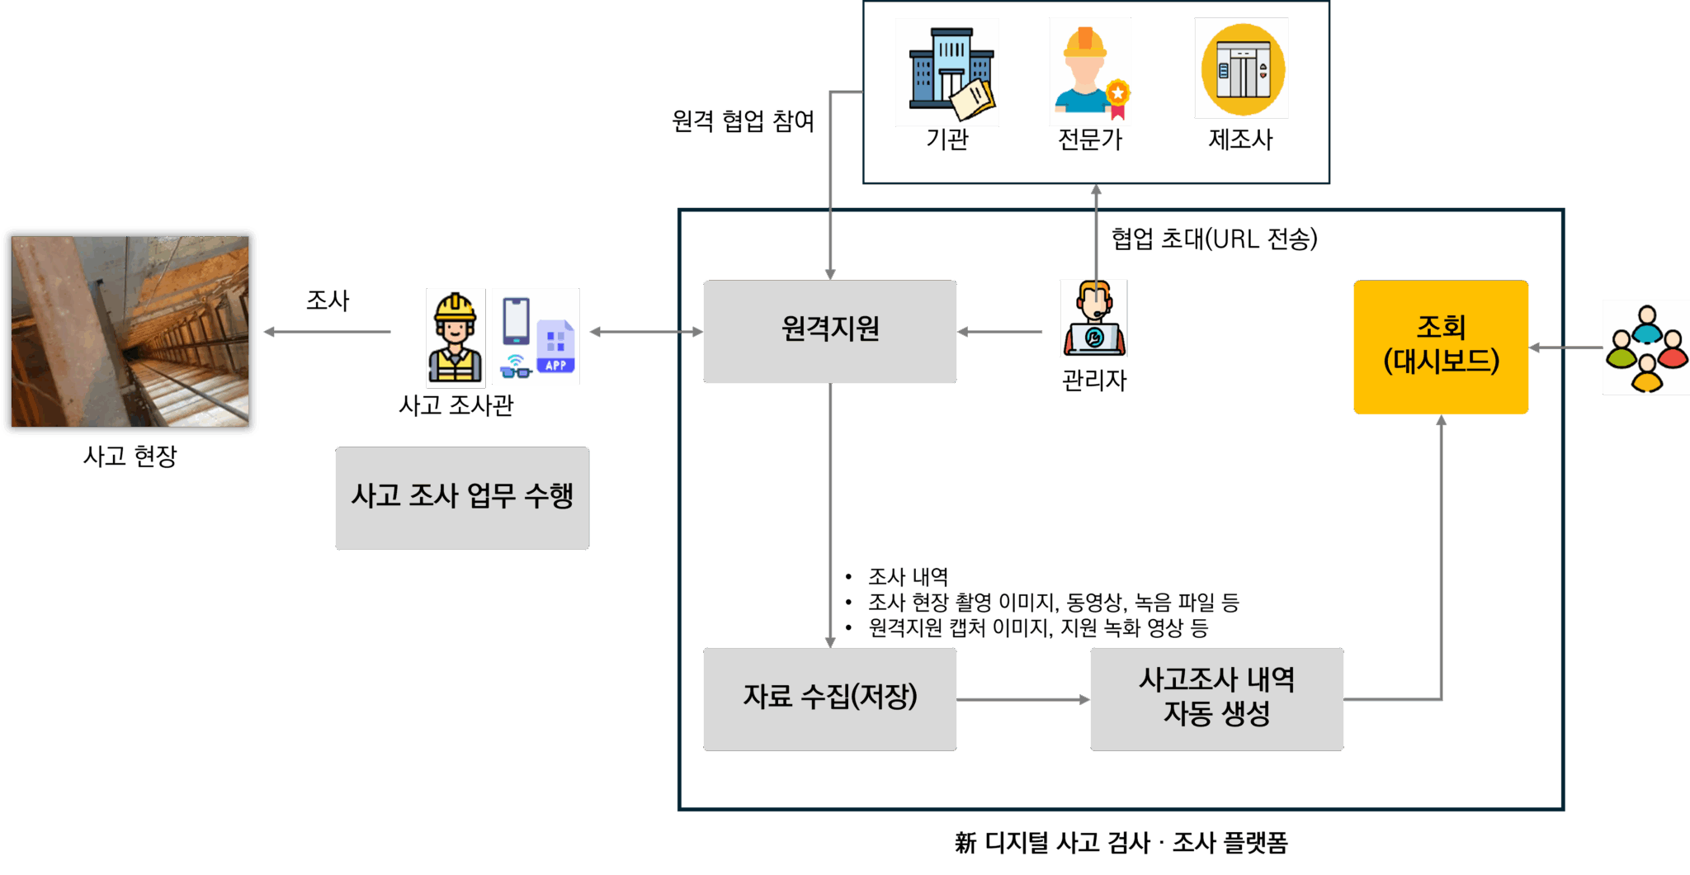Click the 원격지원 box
(829, 331)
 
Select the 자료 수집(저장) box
(829, 698)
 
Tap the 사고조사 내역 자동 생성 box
(1216, 698)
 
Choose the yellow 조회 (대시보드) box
(1441, 347)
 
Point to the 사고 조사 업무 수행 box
(461, 498)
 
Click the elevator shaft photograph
(130, 331)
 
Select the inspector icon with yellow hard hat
(456, 338)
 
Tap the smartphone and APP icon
(535, 336)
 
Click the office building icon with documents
(946, 73)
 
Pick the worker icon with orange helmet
(1089, 72)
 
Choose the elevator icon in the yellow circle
(1241, 69)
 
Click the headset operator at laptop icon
(1093, 319)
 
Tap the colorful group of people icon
(1645, 348)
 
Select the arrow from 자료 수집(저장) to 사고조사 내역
(1023, 699)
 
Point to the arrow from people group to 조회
(1565, 348)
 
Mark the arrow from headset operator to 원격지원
(1000, 332)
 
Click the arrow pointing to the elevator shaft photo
(327, 332)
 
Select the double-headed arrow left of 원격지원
(646, 332)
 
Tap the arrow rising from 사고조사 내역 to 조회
(1442, 561)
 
